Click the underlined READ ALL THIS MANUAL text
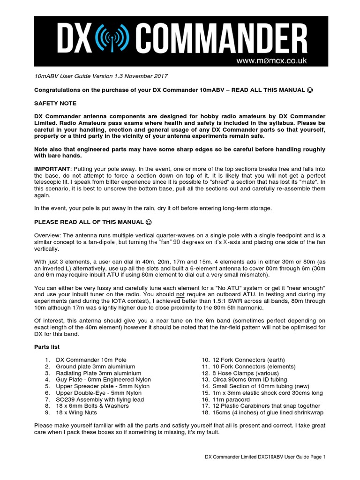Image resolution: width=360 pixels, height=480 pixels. [268, 90]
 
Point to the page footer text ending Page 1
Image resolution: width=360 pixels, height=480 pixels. [265, 457]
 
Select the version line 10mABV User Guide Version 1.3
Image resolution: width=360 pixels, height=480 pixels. [101, 76]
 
